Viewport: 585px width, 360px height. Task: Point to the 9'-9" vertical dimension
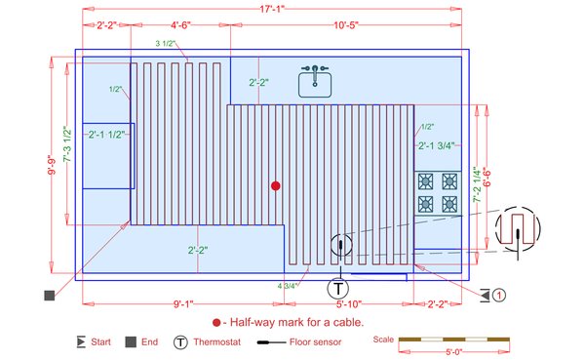pos(51,176)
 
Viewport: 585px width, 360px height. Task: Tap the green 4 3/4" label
pos(288,286)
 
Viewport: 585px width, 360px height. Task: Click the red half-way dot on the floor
pos(276,184)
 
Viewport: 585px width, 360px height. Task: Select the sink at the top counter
pos(316,81)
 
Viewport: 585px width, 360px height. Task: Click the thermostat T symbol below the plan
pos(337,288)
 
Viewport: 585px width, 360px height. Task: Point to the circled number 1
pos(498,294)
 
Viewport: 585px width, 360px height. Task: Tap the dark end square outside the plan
pos(48,295)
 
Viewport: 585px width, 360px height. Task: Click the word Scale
pos(385,340)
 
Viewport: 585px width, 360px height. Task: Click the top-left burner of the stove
pos(426,180)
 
